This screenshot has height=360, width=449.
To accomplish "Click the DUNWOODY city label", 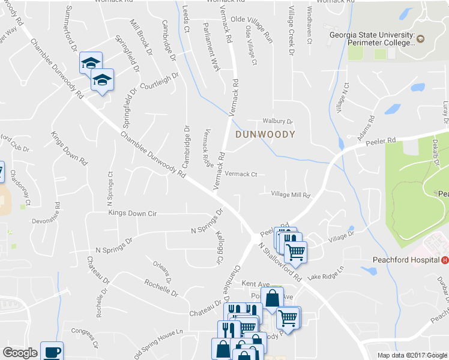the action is pos(265,134).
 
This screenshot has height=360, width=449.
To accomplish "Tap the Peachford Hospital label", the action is pos(402,260).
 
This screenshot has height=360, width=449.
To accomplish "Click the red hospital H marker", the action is pos(445,260).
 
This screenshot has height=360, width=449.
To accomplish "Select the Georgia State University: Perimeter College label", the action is pos(372,39).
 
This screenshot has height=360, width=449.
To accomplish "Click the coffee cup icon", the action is pos(51,351).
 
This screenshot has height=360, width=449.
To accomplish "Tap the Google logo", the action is pos(20,353).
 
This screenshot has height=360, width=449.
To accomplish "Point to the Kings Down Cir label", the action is pos(132,213).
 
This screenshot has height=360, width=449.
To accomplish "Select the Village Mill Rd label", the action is pos(290,195).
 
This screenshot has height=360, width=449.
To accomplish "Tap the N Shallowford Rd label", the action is pos(280,263).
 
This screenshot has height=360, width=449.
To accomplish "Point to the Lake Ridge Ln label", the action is pos(325,273).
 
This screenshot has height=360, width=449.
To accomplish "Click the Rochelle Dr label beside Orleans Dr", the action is pos(162,287).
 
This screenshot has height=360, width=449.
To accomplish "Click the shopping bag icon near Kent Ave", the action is pos(272,298).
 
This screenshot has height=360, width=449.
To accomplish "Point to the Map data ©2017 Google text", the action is pos(412,355).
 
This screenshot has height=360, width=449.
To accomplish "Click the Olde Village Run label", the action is pos(256,37).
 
